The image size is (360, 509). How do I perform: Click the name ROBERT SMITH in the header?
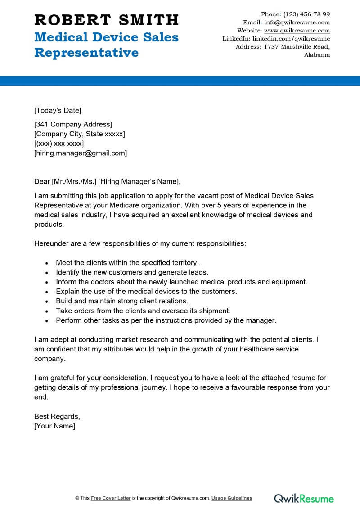click(106, 20)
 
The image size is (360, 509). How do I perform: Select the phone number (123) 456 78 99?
click(306, 14)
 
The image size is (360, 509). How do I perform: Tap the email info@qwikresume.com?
click(297, 22)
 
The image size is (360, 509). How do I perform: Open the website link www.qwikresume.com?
click(297, 31)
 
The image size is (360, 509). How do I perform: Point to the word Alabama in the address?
click(317, 55)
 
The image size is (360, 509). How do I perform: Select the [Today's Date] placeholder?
click(58, 110)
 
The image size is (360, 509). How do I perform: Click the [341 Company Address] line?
click(73, 124)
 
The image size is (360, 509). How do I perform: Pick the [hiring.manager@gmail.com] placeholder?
click(81, 153)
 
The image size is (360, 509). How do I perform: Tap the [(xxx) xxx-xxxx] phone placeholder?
click(59, 144)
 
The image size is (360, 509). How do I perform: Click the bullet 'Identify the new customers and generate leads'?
click(132, 272)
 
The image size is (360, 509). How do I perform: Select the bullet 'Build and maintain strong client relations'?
click(122, 301)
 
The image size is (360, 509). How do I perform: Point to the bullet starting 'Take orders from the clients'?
click(143, 311)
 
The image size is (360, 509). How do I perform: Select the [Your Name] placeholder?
click(54, 426)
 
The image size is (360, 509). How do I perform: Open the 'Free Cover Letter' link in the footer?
click(111, 498)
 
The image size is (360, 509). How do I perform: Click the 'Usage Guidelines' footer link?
click(232, 498)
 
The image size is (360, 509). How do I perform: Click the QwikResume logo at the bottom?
click(304, 498)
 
